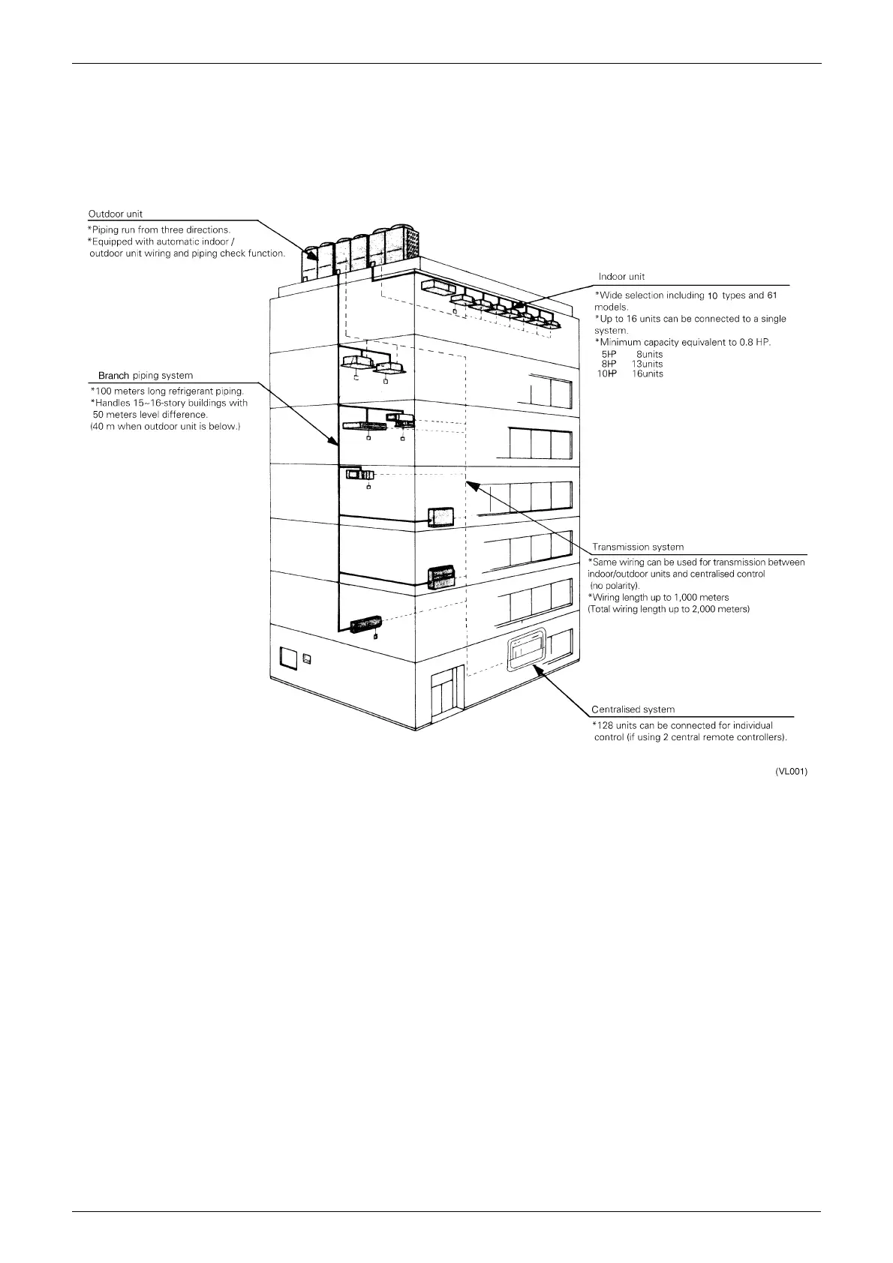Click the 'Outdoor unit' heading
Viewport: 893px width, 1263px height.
pos(116,214)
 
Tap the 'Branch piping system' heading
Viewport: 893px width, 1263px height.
pos(146,376)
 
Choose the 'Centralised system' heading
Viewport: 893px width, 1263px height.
pos(633,709)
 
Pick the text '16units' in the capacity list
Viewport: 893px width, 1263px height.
pos(648,373)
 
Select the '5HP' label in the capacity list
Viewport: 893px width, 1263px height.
pos(609,354)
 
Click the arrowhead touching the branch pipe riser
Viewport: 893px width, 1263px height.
pos(332,440)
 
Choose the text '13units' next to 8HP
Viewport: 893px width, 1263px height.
pos(648,364)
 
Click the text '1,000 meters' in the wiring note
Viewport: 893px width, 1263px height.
pos(703,598)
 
